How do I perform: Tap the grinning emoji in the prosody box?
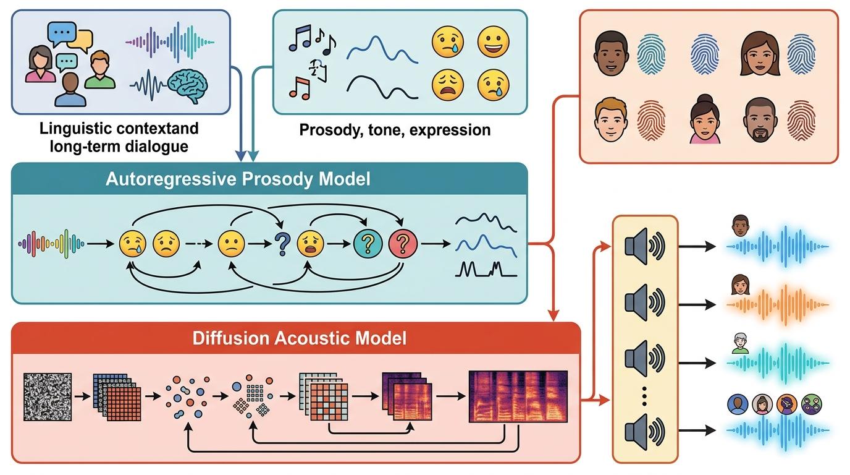493,41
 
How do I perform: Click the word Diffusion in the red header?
230,338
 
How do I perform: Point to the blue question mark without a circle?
283,244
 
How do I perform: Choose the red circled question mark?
403,244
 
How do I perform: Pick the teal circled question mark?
368,244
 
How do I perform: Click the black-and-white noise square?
48,396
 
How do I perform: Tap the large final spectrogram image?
518,396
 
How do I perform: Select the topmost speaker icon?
644,246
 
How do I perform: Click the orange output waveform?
778,304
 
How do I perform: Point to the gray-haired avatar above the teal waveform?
740,343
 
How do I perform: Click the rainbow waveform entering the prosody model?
51,244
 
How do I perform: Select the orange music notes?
300,88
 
